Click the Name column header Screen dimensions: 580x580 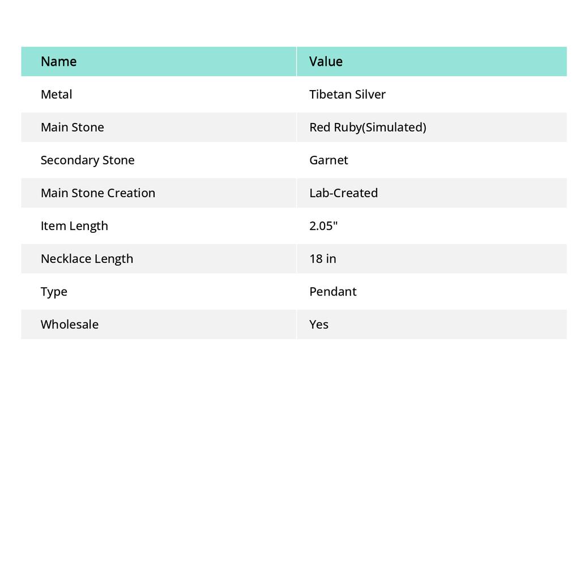pos(58,61)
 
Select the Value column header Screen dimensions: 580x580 pos(326,61)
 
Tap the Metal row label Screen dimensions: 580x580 pos(56,94)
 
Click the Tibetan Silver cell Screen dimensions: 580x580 pos(347,94)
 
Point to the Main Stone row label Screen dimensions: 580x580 pos(72,127)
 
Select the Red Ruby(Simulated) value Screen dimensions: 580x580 pos(368,127)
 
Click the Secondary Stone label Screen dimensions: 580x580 pos(87,160)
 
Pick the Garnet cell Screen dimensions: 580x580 pos(329,160)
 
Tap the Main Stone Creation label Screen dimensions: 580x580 pos(97,193)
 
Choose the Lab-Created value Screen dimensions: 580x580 pos(343,193)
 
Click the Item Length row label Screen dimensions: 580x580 pos(74,225)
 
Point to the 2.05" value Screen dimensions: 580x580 pos(323,225)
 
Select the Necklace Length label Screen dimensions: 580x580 pos(87,258)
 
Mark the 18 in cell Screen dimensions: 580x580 pos(322,258)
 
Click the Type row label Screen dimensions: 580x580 pos(54,291)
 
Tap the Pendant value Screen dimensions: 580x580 pos(332,291)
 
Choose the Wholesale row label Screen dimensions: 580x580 pos(69,324)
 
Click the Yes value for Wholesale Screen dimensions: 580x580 pos(319,324)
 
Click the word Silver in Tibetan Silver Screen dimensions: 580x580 pos(370,94)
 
